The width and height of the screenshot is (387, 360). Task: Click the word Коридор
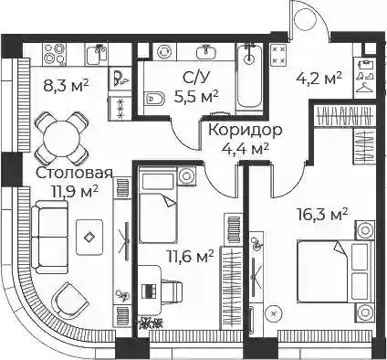coord(246,131)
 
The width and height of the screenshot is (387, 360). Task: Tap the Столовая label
coord(75,174)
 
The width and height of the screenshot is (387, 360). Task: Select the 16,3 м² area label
coord(322,215)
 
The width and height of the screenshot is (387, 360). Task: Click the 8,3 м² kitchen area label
coord(66,86)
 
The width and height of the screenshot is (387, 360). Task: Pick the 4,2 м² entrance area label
coord(319,79)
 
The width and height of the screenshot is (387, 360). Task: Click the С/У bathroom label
coord(196,78)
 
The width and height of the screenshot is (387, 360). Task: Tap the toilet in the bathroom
coord(153,98)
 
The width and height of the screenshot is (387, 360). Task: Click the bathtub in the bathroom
coord(249,76)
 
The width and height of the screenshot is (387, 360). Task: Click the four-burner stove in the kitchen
coord(55,54)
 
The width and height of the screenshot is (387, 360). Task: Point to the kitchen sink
coord(97,55)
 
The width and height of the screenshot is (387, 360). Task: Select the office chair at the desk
coord(172,291)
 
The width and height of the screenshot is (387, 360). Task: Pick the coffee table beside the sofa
coord(89,237)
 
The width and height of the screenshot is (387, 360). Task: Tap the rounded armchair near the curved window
coord(70,299)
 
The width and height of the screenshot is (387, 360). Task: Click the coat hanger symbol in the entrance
coord(365,88)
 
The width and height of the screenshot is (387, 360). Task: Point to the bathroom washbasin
coord(207,52)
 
